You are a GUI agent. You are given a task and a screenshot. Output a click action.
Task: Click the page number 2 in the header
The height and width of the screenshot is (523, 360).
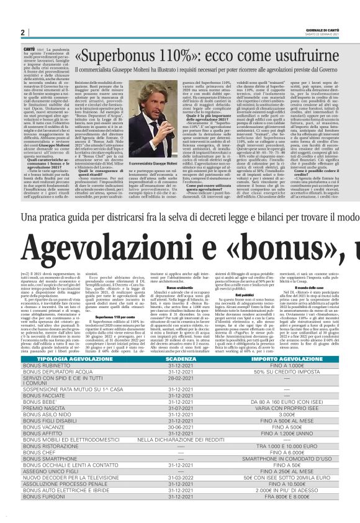point(22,32)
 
